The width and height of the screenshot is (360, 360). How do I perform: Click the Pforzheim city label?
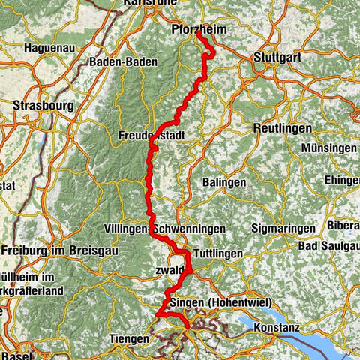click(198, 29)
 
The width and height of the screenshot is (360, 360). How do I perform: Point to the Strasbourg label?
click(43, 106)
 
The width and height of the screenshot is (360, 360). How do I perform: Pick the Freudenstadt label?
click(151, 136)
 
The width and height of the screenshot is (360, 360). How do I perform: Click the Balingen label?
click(224, 182)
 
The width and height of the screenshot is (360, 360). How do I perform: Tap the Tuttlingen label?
click(217, 253)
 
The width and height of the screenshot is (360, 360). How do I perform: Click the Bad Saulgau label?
click(328, 246)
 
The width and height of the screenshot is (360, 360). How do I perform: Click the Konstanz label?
click(277, 328)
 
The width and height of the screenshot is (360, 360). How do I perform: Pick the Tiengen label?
click(129, 339)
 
